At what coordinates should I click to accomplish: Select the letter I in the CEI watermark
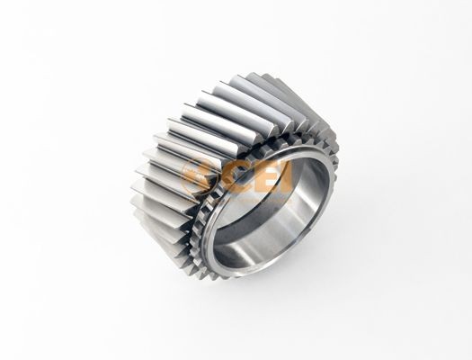[286, 176]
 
